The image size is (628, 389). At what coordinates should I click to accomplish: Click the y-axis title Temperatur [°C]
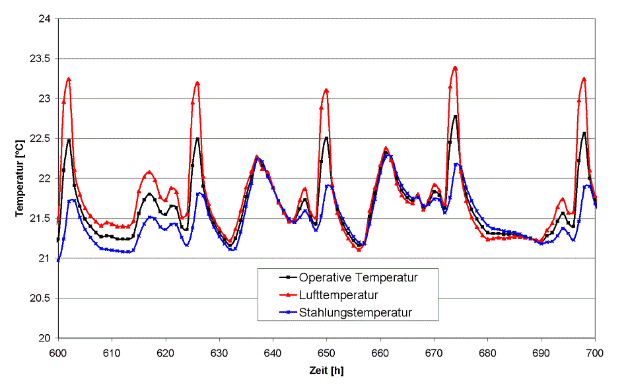click(x=20, y=179)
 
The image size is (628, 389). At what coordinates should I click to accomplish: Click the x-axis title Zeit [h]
click(x=327, y=371)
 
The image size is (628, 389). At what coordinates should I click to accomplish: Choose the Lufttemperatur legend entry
click(x=339, y=294)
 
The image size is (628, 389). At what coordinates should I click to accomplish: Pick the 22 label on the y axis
click(x=45, y=178)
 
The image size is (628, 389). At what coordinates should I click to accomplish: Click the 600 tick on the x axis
click(x=58, y=353)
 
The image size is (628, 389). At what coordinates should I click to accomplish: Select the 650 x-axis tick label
click(x=327, y=353)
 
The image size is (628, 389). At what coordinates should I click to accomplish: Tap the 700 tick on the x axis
click(x=595, y=353)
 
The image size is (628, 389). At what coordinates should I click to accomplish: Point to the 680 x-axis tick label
click(x=487, y=353)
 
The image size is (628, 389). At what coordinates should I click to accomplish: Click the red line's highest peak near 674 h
click(x=455, y=67)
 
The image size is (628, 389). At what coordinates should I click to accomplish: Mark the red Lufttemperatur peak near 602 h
click(x=69, y=79)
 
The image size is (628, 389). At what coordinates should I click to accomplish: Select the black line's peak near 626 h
click(x=197, y=139)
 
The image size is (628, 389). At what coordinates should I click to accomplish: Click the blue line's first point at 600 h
click(x=58, y=260)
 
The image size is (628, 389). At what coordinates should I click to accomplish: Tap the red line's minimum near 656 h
click(x=359, y=250)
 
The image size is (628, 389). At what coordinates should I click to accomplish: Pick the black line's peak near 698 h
click(x=584, y=133)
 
